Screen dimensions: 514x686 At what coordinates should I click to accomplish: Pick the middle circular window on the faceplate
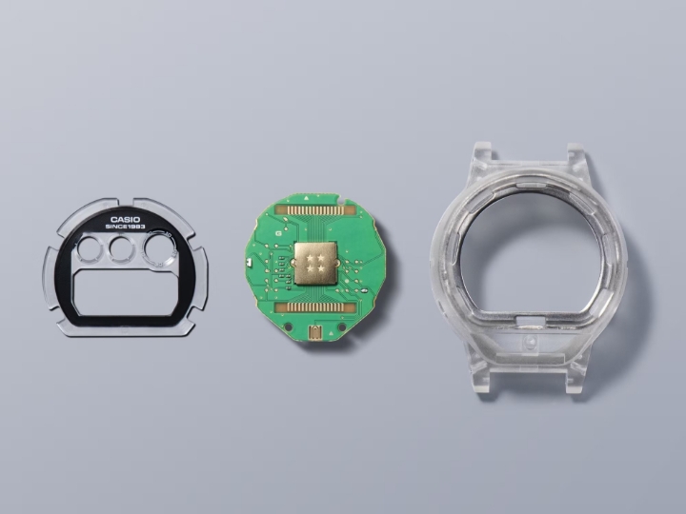click(x=121, y=249)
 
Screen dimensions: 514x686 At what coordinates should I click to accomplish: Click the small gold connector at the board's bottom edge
click(x=315, y=334)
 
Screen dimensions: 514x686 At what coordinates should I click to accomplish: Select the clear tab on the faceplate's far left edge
click(x=49, y=272)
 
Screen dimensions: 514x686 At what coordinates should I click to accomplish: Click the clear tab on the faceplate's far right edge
click(x=203, y=272)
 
